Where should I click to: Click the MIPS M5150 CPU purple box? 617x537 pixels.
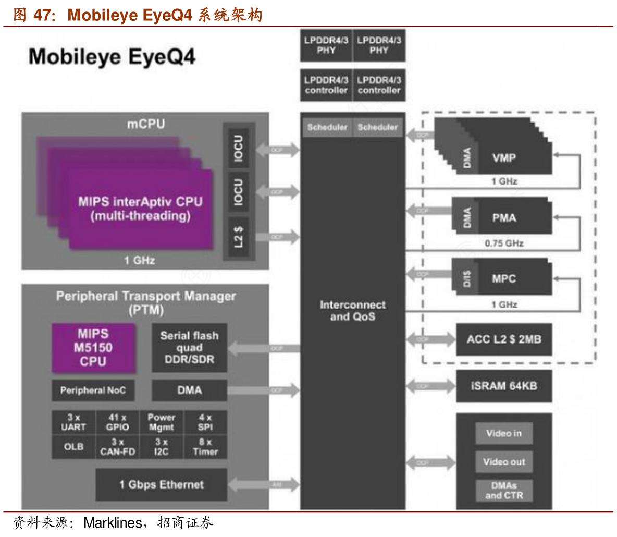[x=93, y=348]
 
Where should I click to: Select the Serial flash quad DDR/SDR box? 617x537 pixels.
[x=189, y=348]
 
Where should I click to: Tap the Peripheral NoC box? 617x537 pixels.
[x=93, y=390]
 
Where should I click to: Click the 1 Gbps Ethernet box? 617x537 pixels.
[x=161, y=485]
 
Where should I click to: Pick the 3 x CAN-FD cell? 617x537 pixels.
[x=117, y=447]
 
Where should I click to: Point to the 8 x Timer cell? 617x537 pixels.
[x=205, y=447]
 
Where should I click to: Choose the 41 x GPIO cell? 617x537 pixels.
[x=117, y=422]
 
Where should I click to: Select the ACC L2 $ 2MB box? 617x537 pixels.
[x=503, y=339]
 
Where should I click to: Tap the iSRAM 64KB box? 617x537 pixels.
[x=503, y=386]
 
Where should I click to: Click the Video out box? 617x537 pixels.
[x=503, y=462]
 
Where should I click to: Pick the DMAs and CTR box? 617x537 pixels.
[x=503, y=491]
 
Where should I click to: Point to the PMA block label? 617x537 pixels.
[x=504, y=218]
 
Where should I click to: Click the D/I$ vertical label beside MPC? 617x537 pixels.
[x=467, y=278]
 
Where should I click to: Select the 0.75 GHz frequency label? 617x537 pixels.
[x=503, y=243]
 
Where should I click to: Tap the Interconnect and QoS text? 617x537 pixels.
[x=353, y=311]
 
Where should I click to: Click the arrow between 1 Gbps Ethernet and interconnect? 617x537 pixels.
[x=264, y=485]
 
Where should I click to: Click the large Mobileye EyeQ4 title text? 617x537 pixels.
[x=112, y=57]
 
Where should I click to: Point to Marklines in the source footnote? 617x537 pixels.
[x=113, y=523]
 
